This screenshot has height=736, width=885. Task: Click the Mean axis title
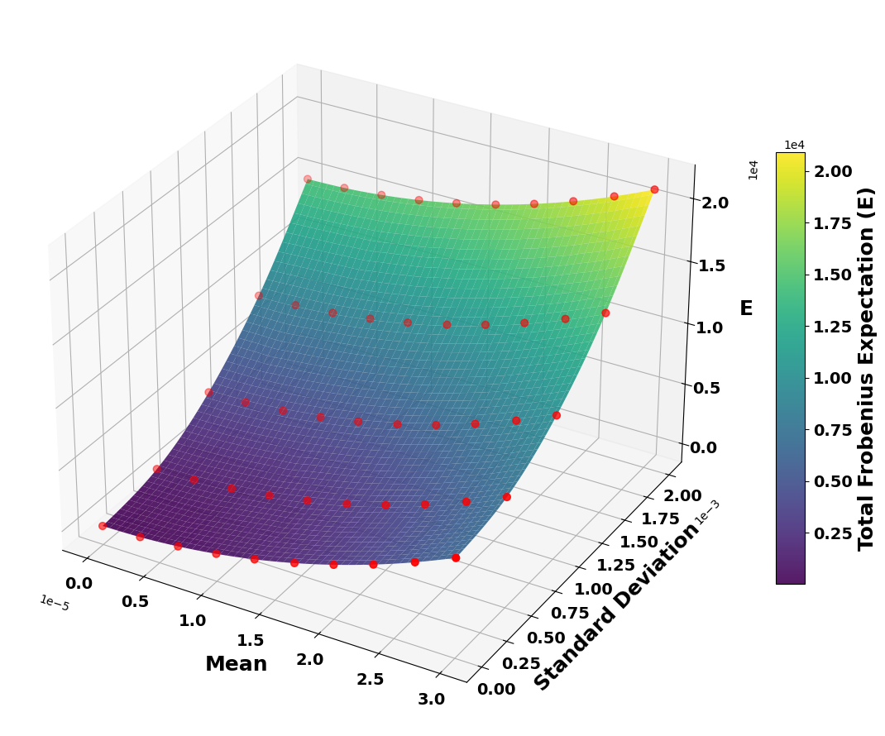point(236,664)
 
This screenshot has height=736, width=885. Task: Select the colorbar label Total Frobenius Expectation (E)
point(866,369)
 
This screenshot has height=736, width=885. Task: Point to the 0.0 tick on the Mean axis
point(79,584)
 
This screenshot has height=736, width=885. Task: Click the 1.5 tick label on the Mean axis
point(250,640)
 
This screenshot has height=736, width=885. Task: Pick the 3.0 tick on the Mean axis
point(431,700)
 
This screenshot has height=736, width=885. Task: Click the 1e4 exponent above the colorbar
point(794,146)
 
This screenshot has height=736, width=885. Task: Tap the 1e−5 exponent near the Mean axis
point(54,604)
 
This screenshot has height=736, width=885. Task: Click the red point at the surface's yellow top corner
point(654,189)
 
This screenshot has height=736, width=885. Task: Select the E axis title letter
point(746,308)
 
